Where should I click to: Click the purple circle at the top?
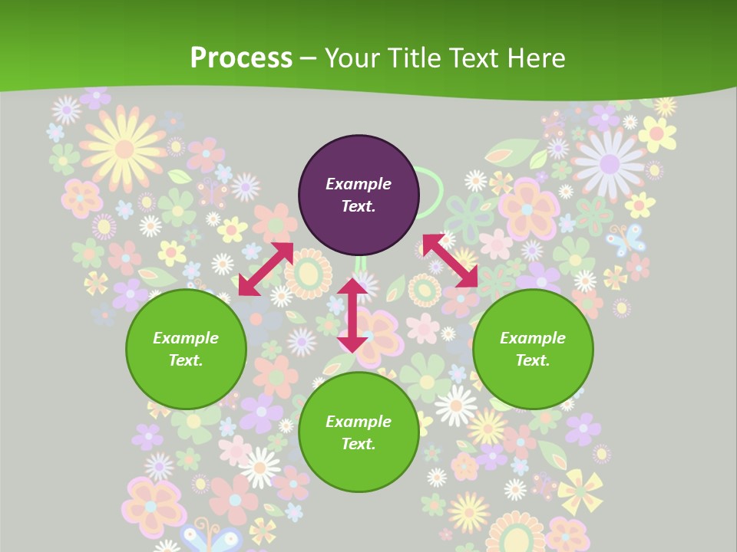coord(359,195)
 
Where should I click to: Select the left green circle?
coord(186,350)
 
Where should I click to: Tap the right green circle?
coord(533,350)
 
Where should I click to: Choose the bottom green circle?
coord(359,432)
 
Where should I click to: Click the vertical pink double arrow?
coord(352,315)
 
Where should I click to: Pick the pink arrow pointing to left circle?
coord(266,269)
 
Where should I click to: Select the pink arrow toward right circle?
coord(450,261)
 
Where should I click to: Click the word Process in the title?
coord(241,58)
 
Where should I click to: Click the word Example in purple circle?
coord(359,184)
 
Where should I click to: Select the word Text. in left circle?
coord(186,360)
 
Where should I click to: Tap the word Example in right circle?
coord(533,338)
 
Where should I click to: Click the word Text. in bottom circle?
coord(359,444)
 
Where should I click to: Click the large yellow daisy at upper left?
coord(123,147)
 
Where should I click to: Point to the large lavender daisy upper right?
coord(610,163)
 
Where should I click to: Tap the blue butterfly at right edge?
coord(626,240)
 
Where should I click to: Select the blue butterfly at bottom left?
coord(210,536)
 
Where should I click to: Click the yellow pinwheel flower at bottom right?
coord(580,491)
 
